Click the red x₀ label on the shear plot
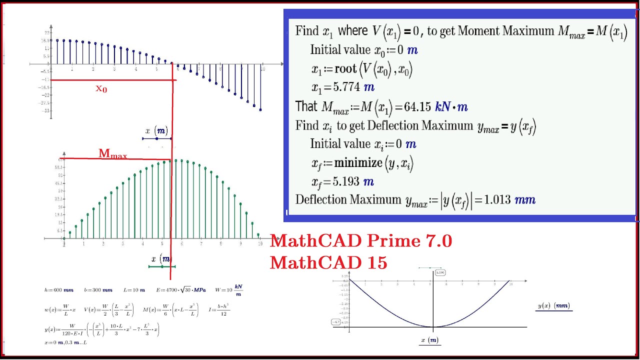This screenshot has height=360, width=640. point(101,89)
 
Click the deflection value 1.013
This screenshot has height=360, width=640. point(496,200)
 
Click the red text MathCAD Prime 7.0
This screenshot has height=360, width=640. point(360,241)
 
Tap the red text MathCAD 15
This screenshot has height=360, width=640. point(328,262)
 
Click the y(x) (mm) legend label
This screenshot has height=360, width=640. point(553,306)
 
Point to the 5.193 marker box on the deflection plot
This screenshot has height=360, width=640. point(440,272)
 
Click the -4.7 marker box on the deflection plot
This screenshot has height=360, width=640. point(336,322)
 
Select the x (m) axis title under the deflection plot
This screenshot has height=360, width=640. point(429,340)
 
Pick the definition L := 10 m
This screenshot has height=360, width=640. point(134,290)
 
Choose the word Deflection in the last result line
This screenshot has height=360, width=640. point(321,200)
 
